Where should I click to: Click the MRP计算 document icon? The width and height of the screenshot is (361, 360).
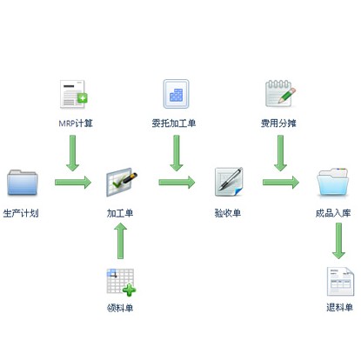pyautogui.click(x=74, y=94)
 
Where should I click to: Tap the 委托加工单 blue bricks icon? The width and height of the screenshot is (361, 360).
pyautogui.click(x=176, y=94)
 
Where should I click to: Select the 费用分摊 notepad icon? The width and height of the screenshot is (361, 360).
pyautogui.click(x=280, y=93)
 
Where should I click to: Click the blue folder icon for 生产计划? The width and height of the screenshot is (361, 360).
pyautogui.click(x=23, y=183)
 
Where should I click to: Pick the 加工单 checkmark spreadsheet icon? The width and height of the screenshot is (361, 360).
pyautogui.click(x=121, y=182)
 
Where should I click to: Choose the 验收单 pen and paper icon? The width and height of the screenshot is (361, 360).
pyautogui.click(x=229, y=182)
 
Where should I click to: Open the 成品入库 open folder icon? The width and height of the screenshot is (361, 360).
pyautogui.click(x=333, y=182)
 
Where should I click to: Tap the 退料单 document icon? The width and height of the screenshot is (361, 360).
pyautogui.click(x=340, y=282)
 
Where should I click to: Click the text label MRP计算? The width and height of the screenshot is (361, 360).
pyautogui.click(x=76, y=123)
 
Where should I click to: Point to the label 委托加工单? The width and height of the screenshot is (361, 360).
pyautogui.click(x=174, y=123)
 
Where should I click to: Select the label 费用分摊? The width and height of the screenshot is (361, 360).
pyautogui.click(x=278, y=123)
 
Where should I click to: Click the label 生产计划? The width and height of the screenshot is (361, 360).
pyautogui.click(x=21, y=213)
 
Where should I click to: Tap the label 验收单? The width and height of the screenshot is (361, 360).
pyautogui.click(x=228, y=213)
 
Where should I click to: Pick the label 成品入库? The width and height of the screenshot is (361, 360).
pyautogui.click(x=333, y=213)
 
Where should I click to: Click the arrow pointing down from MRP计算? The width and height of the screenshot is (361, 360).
pyautogui.click(x=72, y=153)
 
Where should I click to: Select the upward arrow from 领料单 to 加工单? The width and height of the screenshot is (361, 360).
pyautogui.click(x=120, y=241)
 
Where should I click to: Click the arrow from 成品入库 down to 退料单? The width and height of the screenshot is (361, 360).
pyautogui.click(x=338, y=241)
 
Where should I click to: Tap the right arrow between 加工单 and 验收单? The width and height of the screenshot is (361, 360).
pyautogui.click(x=177, y=183)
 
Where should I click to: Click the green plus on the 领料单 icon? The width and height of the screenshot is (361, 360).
pyautogui.click(x=129, y=290)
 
